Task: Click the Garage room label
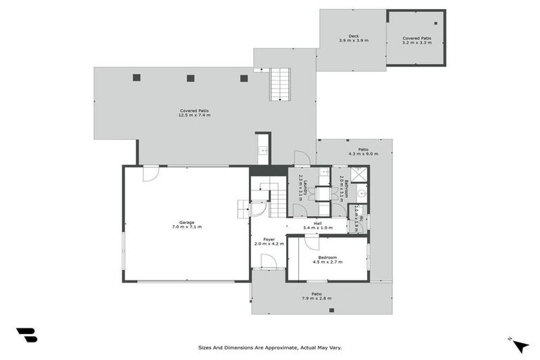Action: [186, 222]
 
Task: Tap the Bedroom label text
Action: [328, 257]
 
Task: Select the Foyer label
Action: [269, 239]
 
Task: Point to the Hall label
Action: [318, 223]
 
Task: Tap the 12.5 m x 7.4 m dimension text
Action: [194, 115]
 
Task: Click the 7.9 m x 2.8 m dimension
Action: [316, 298]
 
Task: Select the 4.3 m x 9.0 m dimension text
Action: [364, 153]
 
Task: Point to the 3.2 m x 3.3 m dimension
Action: [416, 43]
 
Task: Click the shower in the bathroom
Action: [359, 175]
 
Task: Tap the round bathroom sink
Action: [360, 193]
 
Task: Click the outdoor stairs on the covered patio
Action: [280, 84]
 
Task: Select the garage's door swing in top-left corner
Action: [150, 174]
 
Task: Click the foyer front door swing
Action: [269, 262]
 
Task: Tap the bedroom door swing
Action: [311, 242]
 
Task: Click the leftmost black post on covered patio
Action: [137, 78]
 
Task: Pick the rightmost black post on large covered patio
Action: [244, 78]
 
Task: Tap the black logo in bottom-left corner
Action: [27, 335]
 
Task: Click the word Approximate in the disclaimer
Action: [280, 347]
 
